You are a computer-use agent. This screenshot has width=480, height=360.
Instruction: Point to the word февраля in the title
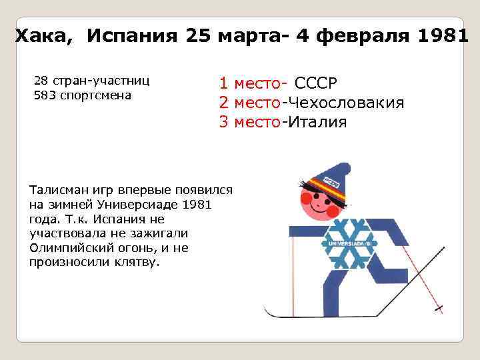point(364,35)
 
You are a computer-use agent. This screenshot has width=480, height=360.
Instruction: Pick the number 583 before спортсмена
point(43,95)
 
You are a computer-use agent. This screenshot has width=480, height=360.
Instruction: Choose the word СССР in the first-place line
point(316,84)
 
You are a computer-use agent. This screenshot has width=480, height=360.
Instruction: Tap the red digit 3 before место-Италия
point(224,122)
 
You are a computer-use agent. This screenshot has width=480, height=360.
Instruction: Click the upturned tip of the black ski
point(267,310)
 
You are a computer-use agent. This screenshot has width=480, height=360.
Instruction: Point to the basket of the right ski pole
point(439,309)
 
